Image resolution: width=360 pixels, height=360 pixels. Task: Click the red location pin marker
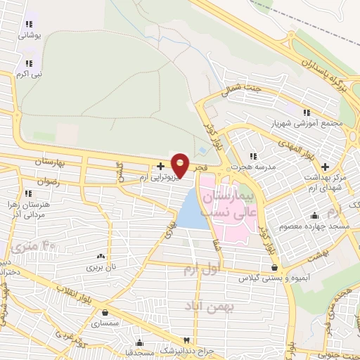pyautogui.click(x=180, y=165)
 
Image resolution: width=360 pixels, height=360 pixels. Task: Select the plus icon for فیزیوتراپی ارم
pyautogui.click(x=161, y=166)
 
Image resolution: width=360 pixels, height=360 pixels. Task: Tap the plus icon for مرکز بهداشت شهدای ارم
pyautogui.click(x=325, y=167)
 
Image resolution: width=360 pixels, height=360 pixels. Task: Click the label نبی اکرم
pyautogui.click(x=30, y=73)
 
